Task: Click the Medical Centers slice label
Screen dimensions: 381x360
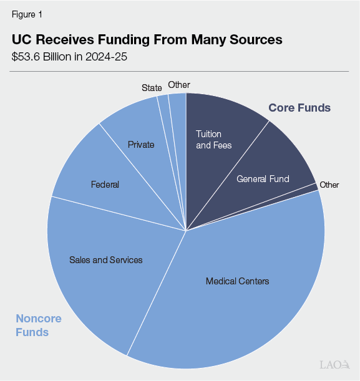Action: point(237,281)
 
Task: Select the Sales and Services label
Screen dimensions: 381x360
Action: point(106,259)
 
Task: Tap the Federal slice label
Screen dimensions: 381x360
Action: point(104,185)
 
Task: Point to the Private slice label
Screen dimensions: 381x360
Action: point(140,145)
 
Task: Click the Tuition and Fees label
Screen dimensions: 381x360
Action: point(213,140)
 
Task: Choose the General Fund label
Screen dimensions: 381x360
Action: point(263,179)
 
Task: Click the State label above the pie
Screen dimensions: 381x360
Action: point(152,88)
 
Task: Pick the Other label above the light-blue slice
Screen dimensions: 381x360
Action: point(179,85)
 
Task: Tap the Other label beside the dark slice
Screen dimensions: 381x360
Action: point(329,185)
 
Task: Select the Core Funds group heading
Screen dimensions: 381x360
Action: point(299,108)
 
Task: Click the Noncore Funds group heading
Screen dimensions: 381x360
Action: point(39,326)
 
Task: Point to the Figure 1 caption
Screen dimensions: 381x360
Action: point(27,13)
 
